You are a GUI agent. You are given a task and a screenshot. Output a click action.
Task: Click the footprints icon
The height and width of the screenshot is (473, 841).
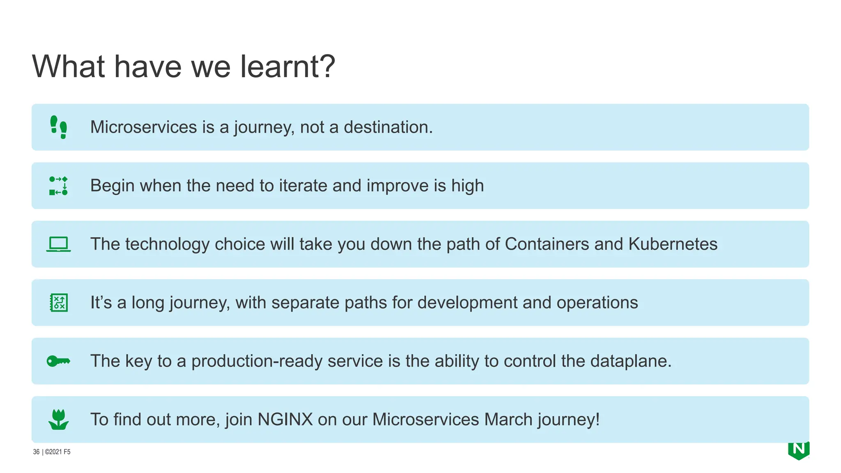[58, 127]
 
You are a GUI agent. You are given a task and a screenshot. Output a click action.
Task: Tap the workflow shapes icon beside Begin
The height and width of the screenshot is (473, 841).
[58, 186]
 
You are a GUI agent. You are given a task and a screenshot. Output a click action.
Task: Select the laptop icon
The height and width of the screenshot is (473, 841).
[58, 244]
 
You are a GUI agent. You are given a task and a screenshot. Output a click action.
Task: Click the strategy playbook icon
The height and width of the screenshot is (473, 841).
[59, 303]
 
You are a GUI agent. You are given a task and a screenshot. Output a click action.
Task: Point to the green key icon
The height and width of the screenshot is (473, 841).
[58, 361]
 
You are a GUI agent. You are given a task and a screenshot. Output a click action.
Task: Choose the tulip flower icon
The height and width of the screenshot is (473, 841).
[58, 420]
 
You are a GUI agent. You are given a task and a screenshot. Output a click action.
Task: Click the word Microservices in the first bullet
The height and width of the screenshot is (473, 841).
[143, 127]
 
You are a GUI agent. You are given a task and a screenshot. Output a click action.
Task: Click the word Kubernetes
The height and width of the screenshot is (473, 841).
[673, 244]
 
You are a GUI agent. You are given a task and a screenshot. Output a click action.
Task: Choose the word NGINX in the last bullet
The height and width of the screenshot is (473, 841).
[285, 420]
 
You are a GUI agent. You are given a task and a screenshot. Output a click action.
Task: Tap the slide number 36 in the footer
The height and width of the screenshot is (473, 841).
[36, 452]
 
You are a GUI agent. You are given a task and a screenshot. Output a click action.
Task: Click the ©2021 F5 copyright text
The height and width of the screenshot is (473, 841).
[57, 452]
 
